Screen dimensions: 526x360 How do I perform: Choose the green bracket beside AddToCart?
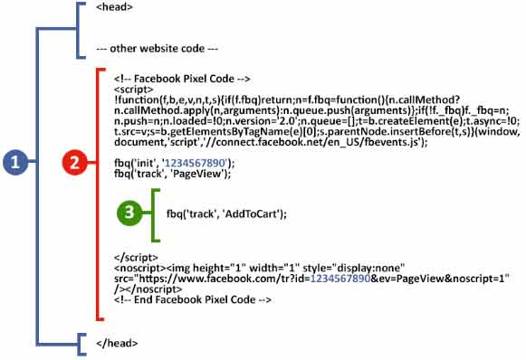(158, 215)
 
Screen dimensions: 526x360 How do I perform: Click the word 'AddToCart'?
(255, 213)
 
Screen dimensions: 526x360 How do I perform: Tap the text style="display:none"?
(322, 268)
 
